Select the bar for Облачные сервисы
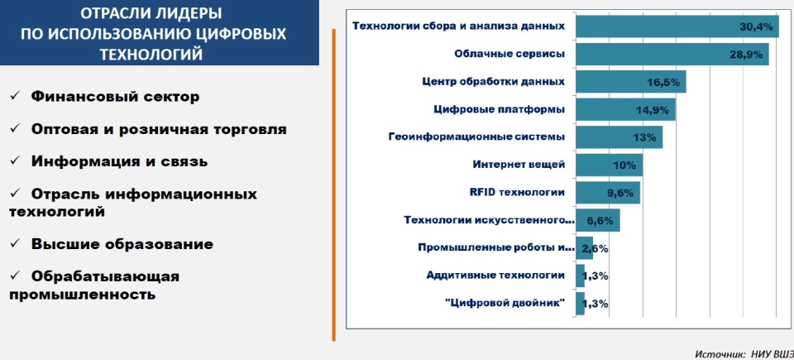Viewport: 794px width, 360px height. coord(672,55)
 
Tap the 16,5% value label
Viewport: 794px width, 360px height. coord(663,83)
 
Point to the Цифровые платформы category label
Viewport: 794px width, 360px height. coord(500,109)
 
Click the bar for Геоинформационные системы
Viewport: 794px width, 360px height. coord(619,137)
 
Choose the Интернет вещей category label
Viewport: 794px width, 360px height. coord(519,165)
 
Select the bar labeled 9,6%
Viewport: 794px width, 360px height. coord(608,193)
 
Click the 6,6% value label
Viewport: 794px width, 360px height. coord(600,221)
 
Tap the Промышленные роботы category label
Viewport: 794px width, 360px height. coord(496,248)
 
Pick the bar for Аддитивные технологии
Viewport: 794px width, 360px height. coord(581,276)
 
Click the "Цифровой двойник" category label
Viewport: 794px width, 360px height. coord(505,304)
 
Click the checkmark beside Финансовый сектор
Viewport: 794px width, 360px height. coord(14,96)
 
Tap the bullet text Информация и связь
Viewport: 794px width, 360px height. coord(119,161)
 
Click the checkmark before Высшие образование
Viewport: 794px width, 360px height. coord(14,244)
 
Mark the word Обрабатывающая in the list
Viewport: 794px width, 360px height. coord(105,277)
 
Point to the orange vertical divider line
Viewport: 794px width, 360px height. coord(333,185)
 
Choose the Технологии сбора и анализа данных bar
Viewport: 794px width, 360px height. coord(677,26)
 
